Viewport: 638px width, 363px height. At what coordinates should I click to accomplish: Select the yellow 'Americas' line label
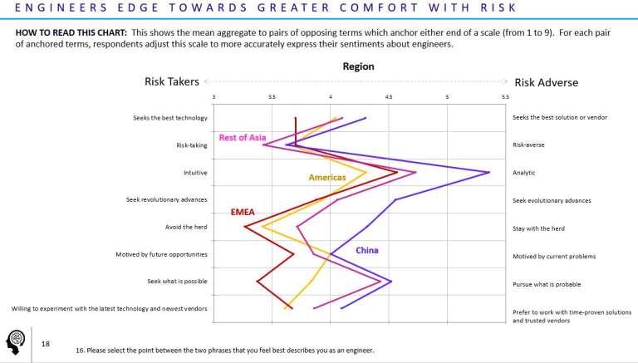click(326, 178)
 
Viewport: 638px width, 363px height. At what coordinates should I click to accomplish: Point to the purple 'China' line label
click(367, 251)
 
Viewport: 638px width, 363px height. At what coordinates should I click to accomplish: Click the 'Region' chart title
click(358, 66)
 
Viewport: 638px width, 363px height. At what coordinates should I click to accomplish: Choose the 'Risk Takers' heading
click(172, 82)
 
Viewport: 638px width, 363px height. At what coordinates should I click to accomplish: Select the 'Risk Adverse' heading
click(546, 82)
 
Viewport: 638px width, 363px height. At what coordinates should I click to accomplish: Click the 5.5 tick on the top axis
click(505, 98)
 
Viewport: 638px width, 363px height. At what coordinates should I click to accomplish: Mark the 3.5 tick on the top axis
click(272, 98)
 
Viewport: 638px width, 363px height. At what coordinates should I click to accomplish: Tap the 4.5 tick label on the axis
click(389, 98)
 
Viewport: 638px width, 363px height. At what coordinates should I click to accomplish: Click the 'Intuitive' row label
click(195, 173)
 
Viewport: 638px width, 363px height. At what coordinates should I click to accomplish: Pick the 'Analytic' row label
click(524, 173)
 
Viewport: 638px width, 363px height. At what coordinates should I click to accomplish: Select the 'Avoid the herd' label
click(186, 228)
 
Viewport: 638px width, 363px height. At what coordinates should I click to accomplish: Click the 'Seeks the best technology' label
click(169, 118)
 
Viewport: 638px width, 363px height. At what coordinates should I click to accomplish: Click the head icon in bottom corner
click(16, 341)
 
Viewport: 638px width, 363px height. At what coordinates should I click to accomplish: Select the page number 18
click(45, 342)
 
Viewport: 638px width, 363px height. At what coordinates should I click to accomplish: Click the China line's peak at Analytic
click(489, 172)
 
